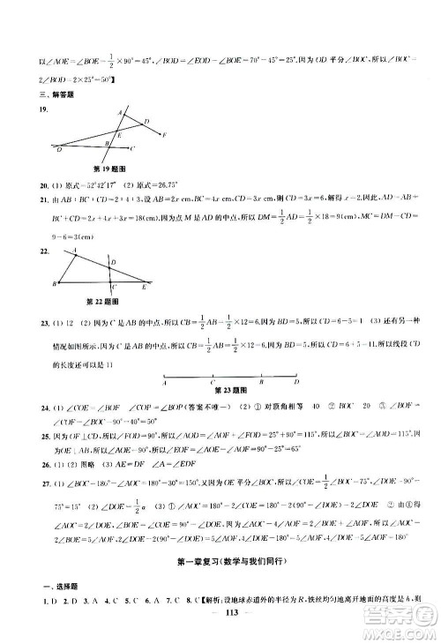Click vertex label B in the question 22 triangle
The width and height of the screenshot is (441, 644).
point(55,284)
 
